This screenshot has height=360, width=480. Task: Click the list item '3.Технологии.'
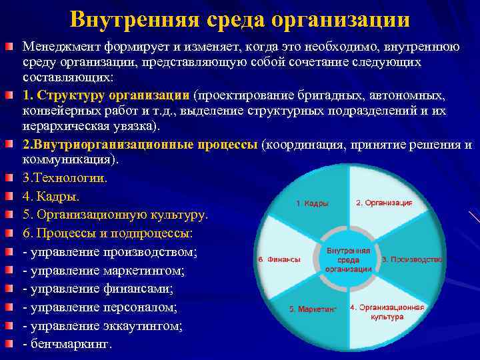[64, 179]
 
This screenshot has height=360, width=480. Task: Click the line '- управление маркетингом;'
[103, 271]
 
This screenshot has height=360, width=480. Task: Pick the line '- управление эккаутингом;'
[103, 327]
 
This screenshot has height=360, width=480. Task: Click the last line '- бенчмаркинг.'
[68, 345]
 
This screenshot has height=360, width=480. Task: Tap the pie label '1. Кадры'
[312, 203]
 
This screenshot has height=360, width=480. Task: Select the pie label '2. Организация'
[384, 202]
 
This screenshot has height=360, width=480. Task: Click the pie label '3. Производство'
[411, 259]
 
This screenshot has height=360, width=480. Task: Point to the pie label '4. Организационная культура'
[387, 312]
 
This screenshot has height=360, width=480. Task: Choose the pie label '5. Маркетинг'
[313, 309]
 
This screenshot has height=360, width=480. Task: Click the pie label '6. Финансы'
[278, 259]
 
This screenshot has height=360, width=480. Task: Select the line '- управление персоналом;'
[99, 308]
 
